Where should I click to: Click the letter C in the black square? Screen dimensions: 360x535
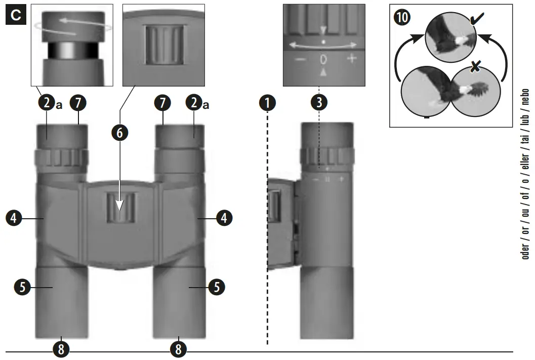click(x=16, y=15)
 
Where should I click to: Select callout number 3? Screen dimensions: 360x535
click(x=319, y=103)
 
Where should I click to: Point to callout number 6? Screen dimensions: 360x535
click(x=120, y=133)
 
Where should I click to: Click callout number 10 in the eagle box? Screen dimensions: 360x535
click(x=404, y=17)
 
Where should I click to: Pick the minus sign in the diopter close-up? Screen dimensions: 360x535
click(x=300, y=59)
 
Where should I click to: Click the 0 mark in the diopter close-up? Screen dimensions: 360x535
click(x=323, y=59)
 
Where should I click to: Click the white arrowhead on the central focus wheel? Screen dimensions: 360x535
click(x=120, y=206)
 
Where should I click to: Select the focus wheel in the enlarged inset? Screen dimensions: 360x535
click(x=163, y=45)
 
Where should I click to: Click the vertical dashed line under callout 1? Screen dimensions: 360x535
click(x=267, y=228)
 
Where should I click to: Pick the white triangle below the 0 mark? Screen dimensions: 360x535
click(x=323, y=72)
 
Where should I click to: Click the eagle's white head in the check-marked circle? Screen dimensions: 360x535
click(x=460, y=38)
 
